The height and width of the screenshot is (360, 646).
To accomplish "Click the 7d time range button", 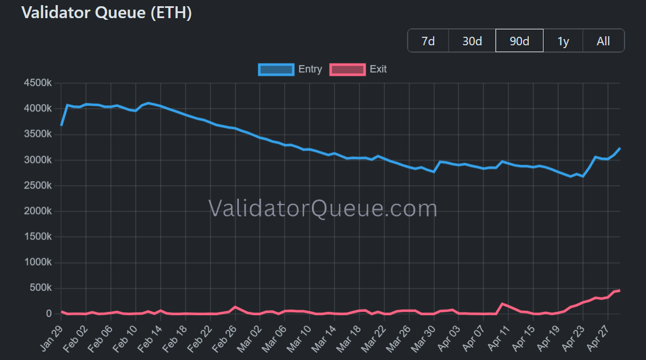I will pyautogui.click(x=428, y=41).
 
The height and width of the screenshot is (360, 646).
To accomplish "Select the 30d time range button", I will pyautogui.click(x=472, y=41).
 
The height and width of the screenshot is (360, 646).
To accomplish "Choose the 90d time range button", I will pyautogui.click(x=519, y=41).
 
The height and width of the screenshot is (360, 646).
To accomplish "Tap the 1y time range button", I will pyautogui.click(x=563, y=41).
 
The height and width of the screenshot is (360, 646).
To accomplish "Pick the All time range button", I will pyautogui.click(x=603, y=41).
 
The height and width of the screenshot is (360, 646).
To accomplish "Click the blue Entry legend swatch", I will pyautogui.click(x=276, y=70).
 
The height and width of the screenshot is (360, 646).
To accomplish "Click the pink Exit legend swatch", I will pyautogui.click(x=347, y=70).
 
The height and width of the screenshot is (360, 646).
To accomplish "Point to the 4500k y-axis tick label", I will pyautogui.click(x=38, y=83).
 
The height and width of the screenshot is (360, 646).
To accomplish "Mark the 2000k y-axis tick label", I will pyautogui.click(x=38, y=211).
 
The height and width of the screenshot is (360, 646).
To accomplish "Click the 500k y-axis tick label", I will pyautogui.click(x=40, y=288).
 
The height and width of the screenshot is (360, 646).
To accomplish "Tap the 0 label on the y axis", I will pyautogui.click(x=49, y=314).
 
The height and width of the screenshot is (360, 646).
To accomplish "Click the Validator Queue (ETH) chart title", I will pyautogui.click(x=106, y=13).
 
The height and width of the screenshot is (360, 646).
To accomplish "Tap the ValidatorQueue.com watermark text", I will pyautogui.click(x=323, y=208).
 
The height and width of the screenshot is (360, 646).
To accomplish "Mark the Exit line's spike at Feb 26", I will pyautogui.click(x=236, y=307).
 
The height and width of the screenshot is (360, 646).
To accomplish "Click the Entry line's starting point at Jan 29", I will pyautogui.click(x=61, y=125).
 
